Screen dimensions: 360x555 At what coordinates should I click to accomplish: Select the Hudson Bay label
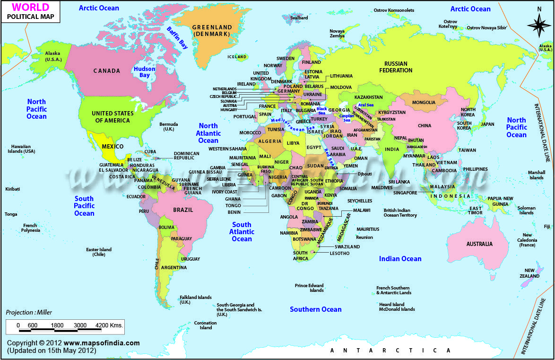click(144, 72)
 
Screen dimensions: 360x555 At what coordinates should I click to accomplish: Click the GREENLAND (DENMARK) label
click(212, 31)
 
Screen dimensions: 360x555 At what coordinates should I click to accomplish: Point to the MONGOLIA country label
click(424, 103)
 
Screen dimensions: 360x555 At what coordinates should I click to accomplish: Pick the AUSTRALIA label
click(479, 244)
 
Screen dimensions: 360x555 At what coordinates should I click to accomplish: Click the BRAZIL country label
click(183, 210)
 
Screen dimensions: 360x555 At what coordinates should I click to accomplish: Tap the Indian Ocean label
click(400, 258)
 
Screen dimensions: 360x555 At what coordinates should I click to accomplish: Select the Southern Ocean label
click(315, 309)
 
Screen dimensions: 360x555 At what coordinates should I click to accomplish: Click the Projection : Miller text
click(29, 312)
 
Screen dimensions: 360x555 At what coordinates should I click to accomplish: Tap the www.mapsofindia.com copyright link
click(102, 343)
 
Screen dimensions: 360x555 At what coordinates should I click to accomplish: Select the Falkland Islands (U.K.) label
click(195, 300)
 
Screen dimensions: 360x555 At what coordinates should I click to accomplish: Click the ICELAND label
click(237, 57)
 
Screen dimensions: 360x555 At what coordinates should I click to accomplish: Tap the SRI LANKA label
click(399, 182)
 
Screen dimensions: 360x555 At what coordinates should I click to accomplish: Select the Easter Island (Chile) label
click(98, 252)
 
